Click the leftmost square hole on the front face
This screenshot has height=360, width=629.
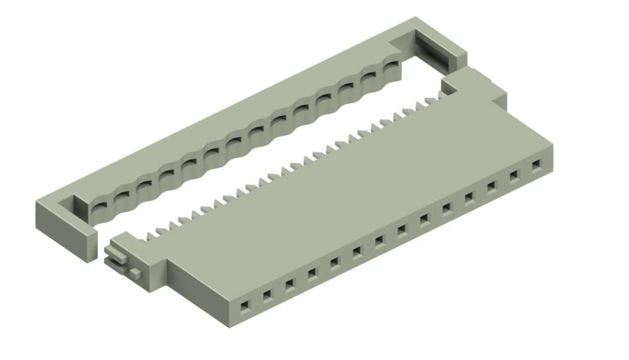click(x=245, y=306)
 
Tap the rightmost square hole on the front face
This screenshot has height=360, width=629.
click(x=537, y=166)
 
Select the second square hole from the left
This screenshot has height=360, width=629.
click(x=267, y=296)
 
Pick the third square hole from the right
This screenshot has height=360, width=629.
click(x=492, y=187)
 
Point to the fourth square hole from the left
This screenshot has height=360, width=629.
click(x=312, y=273)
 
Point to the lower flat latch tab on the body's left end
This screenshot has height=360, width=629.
click(x=114, y=259)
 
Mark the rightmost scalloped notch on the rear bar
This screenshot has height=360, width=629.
click(x=391, y=69)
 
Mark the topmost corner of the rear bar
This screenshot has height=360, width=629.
click(x=416, y=18)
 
